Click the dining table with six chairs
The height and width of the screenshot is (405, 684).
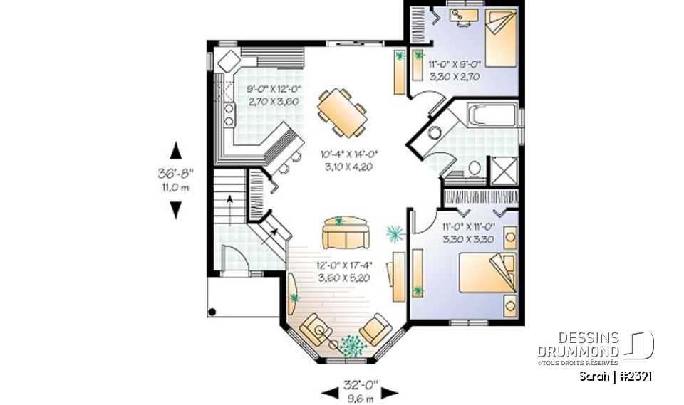[x=342, y=112]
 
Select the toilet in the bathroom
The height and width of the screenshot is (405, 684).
[x=475, y=168]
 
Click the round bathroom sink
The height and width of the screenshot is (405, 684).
[x=435, y=132]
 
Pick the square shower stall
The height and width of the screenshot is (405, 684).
[x=504, y=172]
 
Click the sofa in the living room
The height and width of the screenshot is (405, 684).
[x=346, y=233]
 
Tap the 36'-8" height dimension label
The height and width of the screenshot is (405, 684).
[x=175, y=174]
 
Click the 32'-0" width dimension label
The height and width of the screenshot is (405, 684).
[x=361, y=385]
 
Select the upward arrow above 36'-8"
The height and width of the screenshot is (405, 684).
[x=176, y=150]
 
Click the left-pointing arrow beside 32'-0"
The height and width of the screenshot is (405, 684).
[x=330, y=393]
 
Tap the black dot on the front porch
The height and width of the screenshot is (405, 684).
[x=212, y=312]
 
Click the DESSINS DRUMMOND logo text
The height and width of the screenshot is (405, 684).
[x=578, y=344]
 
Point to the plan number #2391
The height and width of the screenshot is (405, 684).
[x=635, y=377]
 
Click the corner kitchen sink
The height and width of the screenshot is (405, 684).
[x=229, y=61]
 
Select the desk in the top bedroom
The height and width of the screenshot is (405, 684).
[x=464, y=16]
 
